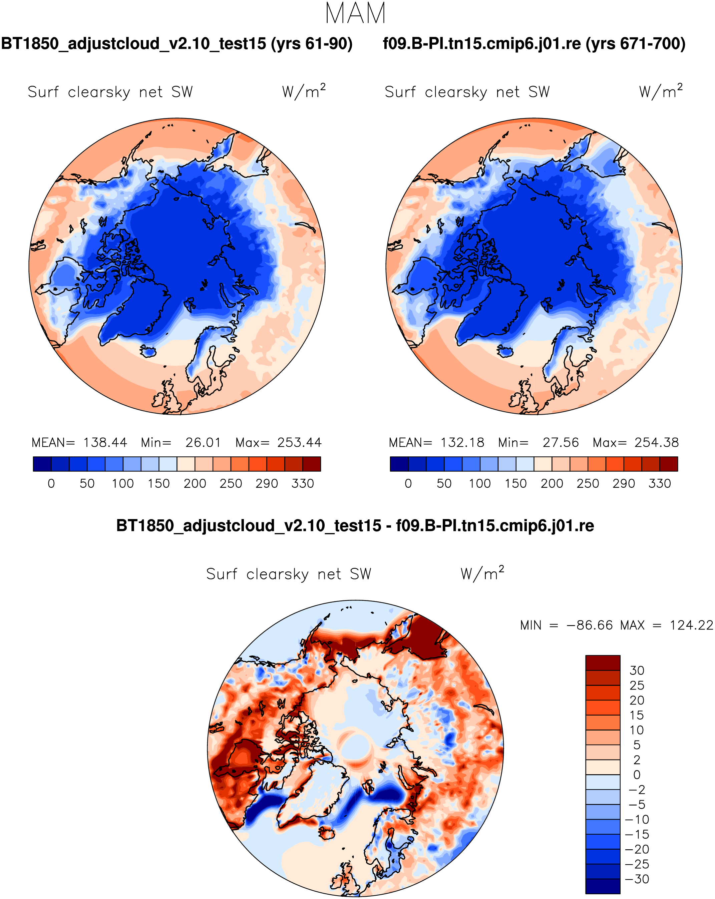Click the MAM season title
click(x=355, y=13)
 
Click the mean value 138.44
click(x=105, y=442)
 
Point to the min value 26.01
click(x=203, y=442)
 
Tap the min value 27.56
click(x=560, y=442)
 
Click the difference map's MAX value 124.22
click(x=691, y=625)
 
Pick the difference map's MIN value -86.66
click(x=590, y=625)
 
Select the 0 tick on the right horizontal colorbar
click(x=408, y=484)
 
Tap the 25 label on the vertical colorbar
click(x=637, y=686)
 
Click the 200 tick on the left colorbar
click(x=195, y=484)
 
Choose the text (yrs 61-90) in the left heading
click(x=312, y=43)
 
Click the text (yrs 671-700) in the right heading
click(x=635, y=43)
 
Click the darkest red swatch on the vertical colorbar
click(x=602, y=662)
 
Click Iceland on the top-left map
click(x=148, y=351)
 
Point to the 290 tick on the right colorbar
click(x=624, y=484)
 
